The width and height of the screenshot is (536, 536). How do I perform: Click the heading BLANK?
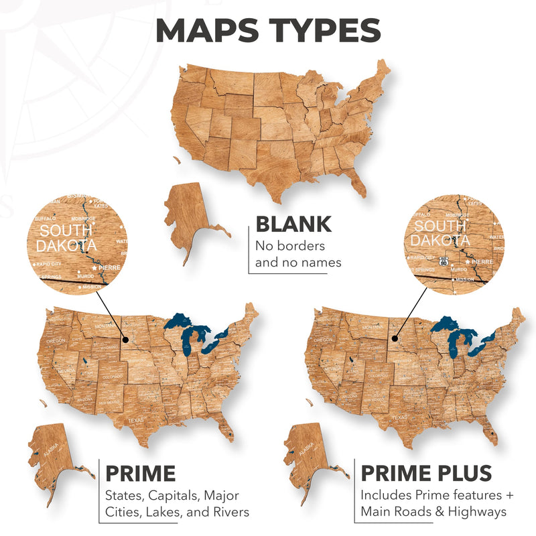[293, 224]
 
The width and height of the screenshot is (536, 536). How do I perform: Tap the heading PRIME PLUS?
[426, 473]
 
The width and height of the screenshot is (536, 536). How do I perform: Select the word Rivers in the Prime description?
[226, 513]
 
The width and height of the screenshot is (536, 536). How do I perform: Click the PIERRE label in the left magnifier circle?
[109, 267]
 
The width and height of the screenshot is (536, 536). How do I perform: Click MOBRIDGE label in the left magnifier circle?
[84, 218]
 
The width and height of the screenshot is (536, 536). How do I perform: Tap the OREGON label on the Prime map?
[56, 340]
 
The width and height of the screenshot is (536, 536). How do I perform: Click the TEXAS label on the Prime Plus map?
[399, 417]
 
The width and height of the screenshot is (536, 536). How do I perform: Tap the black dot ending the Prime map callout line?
[125, 346]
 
